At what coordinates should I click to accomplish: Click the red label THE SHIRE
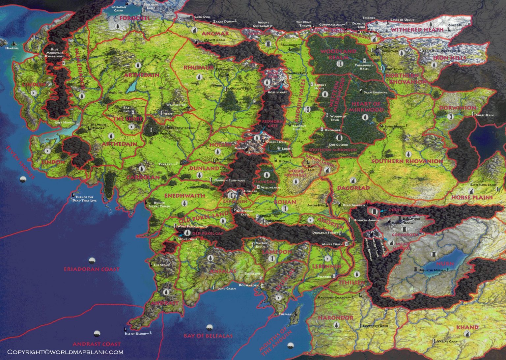click(128, 119)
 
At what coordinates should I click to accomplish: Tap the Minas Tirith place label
click(332, 244)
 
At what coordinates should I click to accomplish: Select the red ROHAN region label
click(285, 202)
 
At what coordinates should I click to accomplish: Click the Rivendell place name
click(244, 102)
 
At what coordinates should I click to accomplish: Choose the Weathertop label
click(176, 105)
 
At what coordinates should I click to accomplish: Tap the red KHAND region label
click(467, 327)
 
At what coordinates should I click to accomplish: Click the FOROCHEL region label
click(134, 18)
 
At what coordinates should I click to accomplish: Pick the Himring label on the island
click(12, 48)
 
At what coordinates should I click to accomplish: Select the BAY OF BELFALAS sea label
click(208, 336)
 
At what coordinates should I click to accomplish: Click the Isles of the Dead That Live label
click(84, 199)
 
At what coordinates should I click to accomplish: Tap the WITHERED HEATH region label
click(417, 30)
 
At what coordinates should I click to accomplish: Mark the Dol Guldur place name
click(338, 145)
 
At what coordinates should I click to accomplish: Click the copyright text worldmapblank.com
click(65, 352)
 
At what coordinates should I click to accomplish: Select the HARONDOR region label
click(335, 318)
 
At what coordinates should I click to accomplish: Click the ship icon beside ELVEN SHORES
click(23, 179)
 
